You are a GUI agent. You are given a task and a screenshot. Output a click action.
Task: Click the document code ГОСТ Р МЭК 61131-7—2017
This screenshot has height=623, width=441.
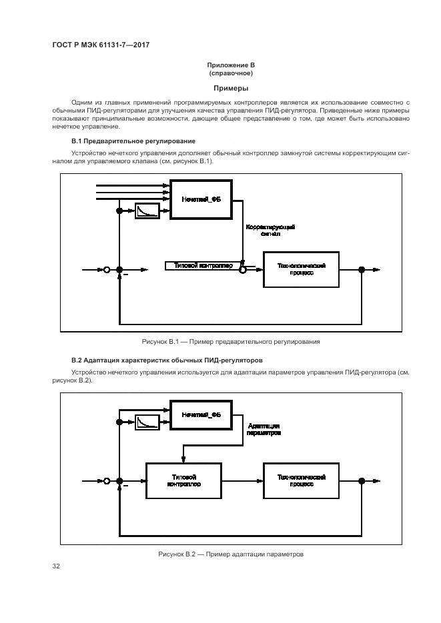coord(99,44)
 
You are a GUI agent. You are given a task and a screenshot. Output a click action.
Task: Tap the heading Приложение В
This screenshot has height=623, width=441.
coord(231,65)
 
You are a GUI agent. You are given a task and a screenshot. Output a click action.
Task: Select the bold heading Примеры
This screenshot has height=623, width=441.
coord(231,88)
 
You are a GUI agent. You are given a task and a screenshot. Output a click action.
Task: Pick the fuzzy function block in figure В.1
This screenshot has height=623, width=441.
coord(201,199)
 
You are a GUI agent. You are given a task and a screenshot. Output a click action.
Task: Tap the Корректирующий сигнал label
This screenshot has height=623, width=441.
coord(270,231)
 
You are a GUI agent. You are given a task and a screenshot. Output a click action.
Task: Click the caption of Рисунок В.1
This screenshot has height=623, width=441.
coord(231,342)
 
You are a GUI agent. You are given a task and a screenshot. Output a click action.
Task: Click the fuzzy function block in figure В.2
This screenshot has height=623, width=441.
coord(201,416)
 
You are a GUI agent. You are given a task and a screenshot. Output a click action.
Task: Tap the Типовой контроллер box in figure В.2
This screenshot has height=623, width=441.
coord(184,480)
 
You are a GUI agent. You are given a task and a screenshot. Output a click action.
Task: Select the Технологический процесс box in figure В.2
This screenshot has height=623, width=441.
coord(301,480)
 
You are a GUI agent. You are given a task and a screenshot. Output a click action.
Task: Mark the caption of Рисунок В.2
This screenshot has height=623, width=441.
coord(231,554)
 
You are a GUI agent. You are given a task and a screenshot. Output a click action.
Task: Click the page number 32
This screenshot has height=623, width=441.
coord(56,566)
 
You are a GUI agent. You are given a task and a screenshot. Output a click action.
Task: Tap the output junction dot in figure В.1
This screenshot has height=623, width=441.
coord(362,269)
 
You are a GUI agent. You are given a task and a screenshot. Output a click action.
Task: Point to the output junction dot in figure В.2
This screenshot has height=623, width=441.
coord(362,480)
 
